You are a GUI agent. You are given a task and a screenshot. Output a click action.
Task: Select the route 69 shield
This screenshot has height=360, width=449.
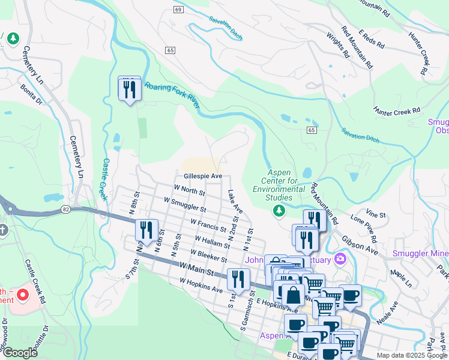point(178,10)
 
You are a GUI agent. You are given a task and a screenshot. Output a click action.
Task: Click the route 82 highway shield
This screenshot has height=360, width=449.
point(65,209)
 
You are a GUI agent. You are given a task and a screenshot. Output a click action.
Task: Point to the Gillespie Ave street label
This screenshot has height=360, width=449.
point(203,176)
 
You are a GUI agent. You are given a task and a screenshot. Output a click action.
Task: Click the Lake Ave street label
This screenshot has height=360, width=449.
point(235,202)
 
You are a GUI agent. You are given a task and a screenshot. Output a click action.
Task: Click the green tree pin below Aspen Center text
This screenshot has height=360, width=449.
point(279,210)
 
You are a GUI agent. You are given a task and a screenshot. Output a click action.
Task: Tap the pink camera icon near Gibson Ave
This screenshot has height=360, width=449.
point(341,259)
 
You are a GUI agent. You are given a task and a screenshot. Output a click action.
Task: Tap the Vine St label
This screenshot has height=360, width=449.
point(375,214)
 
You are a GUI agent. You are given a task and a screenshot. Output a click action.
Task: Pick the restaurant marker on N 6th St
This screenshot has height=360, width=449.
point(145,230)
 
